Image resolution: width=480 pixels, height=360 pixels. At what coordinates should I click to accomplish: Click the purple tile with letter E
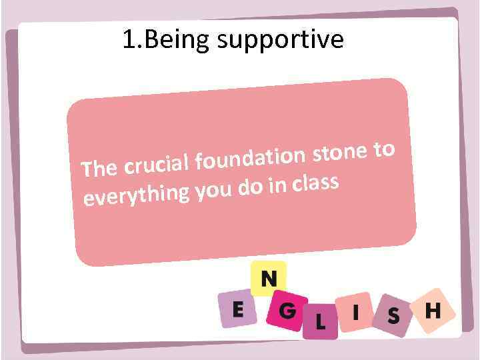coord(236,310)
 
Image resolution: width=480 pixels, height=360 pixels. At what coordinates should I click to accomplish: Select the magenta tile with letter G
coord(287,311)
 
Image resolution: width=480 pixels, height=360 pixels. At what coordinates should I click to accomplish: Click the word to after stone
coord(385,149)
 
